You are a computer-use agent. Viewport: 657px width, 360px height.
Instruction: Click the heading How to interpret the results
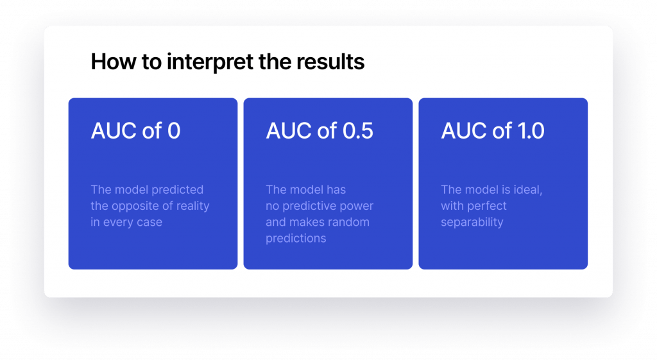click(x=228, y=62)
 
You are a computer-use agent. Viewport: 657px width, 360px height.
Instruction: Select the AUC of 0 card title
click(x=135, y=131)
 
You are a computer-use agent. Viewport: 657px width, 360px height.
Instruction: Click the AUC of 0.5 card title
click(x=319, y=131)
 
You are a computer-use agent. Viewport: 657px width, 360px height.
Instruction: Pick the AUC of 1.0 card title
click(x=492, y=131)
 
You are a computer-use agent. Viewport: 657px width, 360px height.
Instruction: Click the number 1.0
click(x=530, y=131)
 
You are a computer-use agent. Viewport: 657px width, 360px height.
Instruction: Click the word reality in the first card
click(x=190, y=206)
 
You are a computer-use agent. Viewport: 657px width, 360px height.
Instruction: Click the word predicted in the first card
click(x=180, y=189)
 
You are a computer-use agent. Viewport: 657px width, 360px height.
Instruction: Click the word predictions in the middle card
click(x=296, y=239)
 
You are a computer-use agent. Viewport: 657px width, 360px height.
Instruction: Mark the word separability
click(x=472, y=222)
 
